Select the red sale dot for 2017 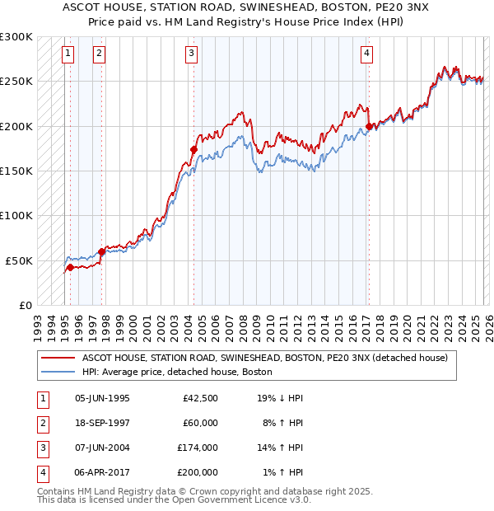pyautogui.click(x=368, y=126)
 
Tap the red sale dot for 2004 pyautogui.click(x=193, y=149)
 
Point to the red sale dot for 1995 pyautogui.click(x=70, y=267)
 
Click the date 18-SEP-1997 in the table pyautogui.click(x=102, y=423)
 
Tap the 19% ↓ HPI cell pyautogui.click(x=280, y=398)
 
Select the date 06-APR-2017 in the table pyautogui.click(x=102, y=472)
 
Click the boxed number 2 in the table pyautogui.click(x=40, y=423)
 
